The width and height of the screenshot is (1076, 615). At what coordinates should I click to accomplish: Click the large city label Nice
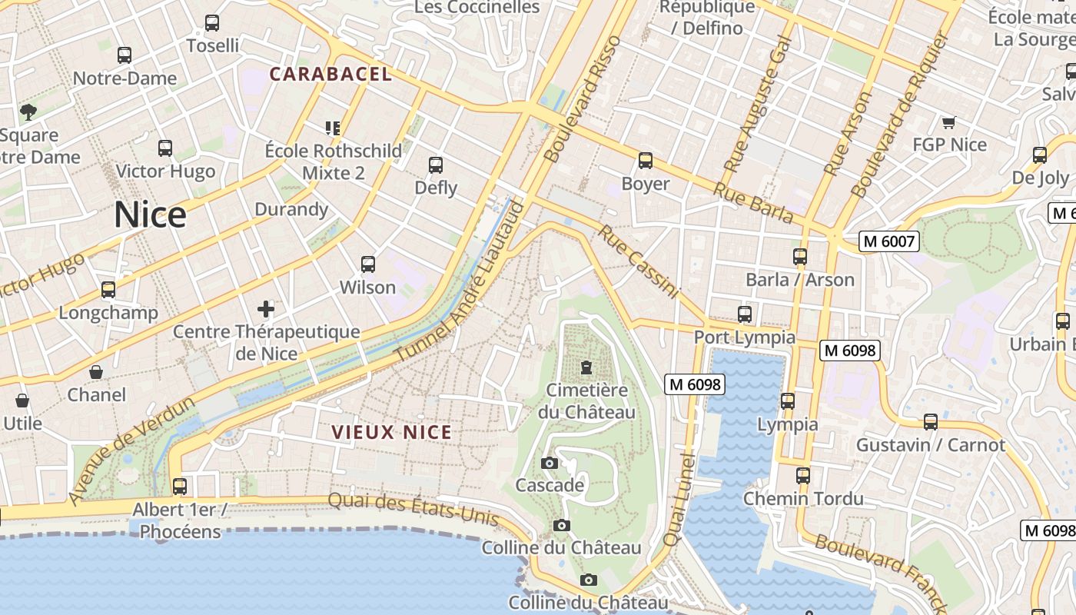(x=150, y=214)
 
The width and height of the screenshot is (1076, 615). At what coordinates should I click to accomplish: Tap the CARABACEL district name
(x=330, y=75)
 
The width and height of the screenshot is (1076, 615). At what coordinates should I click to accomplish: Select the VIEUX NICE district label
(x=392, y=432)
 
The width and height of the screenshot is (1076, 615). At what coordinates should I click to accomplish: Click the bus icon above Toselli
(x=212, y=23)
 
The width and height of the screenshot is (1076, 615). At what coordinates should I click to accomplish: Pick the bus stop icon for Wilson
(x=368, y=264)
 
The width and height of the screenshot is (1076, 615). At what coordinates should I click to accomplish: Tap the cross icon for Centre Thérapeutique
(x=266, y=309)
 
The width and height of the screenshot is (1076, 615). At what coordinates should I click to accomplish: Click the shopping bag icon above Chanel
(x=96, y=372)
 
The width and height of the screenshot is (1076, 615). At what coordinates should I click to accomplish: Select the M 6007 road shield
(x=889, y=241)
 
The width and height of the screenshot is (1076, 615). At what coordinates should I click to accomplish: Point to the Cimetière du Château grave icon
(x=587, y=367)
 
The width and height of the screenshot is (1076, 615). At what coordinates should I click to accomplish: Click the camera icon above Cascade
(x=549, y=463)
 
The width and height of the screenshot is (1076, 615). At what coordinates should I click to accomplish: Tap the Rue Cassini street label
(x=639, y=261)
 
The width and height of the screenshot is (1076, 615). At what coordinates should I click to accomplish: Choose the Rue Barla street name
(x=753, y=203)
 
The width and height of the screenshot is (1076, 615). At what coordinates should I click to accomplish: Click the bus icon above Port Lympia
(x=744, y=314)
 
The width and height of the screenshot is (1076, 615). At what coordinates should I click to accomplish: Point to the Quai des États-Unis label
(x=413, y=509)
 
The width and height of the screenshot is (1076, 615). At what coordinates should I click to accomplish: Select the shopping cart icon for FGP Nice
(x=948, y=122)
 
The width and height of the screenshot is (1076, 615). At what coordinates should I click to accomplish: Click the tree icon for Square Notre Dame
(x=28, y=112)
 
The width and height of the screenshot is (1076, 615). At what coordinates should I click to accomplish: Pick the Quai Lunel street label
(x=679, y=500)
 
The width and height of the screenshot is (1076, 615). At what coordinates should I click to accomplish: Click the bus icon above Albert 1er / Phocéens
(x=180, y=486)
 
